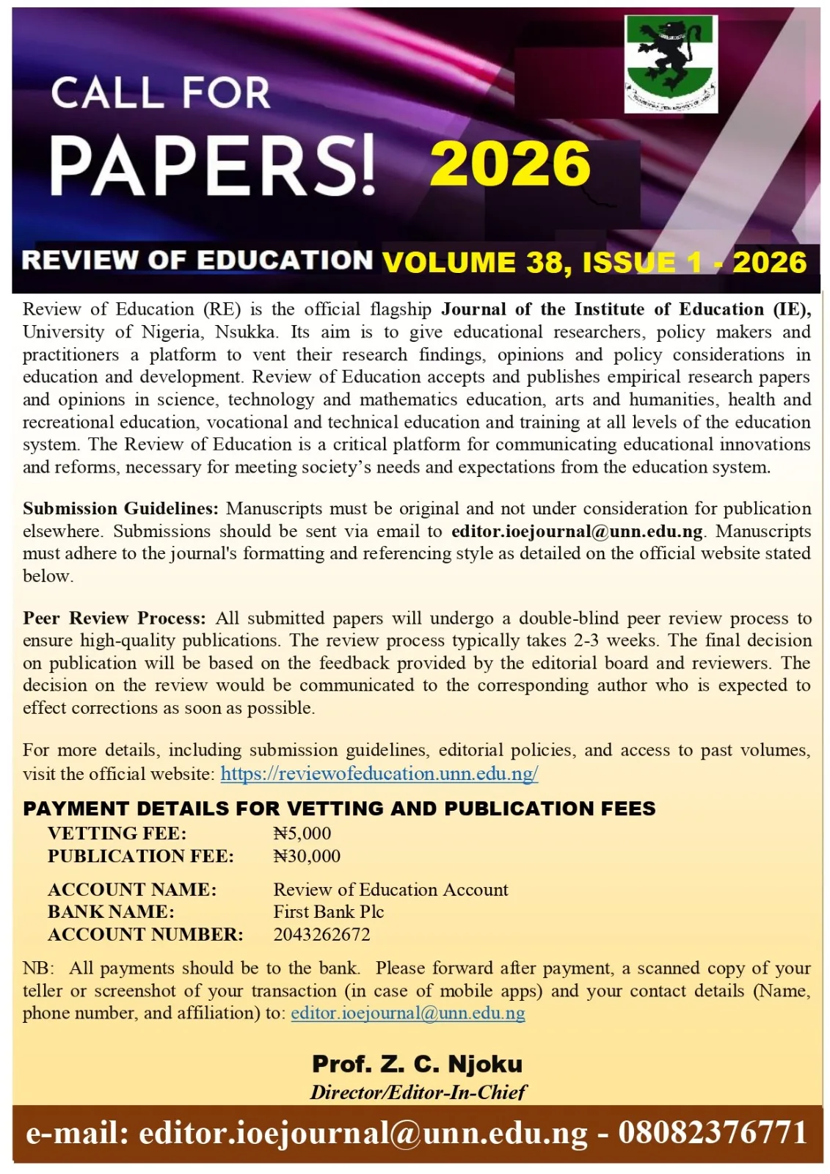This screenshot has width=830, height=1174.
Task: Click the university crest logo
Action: pos(671,64)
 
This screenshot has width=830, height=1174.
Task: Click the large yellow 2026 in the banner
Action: pos(510,164)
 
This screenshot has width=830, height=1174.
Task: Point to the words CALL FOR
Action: pos(161,93)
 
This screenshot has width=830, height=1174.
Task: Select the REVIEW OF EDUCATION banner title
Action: pos(197,260)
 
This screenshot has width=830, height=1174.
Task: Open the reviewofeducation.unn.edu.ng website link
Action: pos(379,773)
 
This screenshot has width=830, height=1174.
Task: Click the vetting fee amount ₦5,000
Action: pos(302,834)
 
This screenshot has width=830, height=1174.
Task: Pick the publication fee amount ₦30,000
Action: pos(307,856)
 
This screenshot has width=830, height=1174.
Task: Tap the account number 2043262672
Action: pos(321,935)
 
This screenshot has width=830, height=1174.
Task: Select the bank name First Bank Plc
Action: pos(329,912)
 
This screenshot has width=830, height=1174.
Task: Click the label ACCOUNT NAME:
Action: pos(132,890)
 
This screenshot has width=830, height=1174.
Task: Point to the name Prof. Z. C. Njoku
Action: pos(418,1064)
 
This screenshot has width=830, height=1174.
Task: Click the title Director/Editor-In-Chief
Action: pos(418,1093)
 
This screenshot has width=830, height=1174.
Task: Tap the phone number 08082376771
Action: pos(713,1133)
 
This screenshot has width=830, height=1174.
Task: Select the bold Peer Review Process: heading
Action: pos(114,618)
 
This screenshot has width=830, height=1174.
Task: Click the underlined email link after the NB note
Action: pos(408,1013)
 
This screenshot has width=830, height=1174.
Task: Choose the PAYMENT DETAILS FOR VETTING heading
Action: pos(339,809)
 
